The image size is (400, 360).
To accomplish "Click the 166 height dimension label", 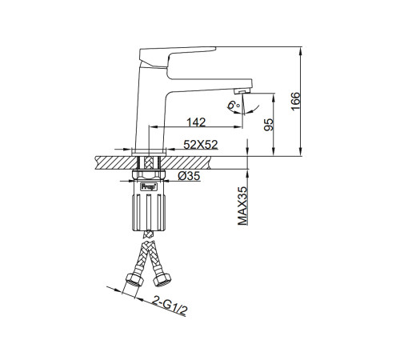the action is point(295,101).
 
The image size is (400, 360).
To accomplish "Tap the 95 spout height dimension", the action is point(269,125).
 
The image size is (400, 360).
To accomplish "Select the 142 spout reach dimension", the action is point(196,122).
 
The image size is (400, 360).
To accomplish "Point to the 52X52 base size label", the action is point(201,145).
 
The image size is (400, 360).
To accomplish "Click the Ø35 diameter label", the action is point(189,176).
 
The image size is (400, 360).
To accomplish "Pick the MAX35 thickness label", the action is point(242,206).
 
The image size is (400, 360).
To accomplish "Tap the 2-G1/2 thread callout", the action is point(170,306).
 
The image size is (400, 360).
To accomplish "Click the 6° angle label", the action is point(234,104).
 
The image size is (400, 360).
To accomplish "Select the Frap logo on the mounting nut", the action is point(148,186).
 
